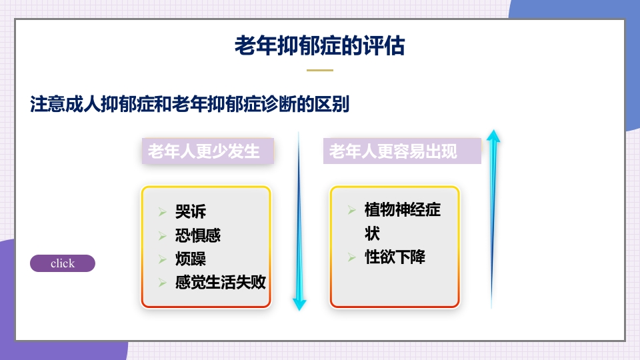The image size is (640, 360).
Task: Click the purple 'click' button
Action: (x=63, y=263)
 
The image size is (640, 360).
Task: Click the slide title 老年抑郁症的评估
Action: (x=319, y=46)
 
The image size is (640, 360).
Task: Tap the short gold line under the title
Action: (x=319, y=70)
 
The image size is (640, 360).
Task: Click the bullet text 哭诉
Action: (x=191, y=212)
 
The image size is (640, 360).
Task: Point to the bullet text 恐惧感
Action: (x=198, y=235)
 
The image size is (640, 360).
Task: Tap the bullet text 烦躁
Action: (x=191, y=259)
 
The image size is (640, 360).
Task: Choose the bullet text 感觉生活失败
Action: (x=221, y=282)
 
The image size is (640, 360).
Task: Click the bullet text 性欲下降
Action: (x=395, y=257)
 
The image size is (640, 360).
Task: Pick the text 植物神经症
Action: (x=402, y=210)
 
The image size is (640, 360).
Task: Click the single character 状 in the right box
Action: (x=372, y=234)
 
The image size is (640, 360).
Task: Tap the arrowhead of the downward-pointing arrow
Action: (x=299, y=305)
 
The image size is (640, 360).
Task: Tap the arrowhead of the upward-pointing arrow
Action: (x=493, y=135)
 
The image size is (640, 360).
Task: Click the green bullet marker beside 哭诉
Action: (x=162, y=213)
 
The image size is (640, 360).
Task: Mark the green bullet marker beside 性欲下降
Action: (x=351, y=257)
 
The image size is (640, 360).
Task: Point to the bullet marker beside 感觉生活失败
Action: (x=162, y=283)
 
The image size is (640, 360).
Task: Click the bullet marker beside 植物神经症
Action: (x=351, y=211)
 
